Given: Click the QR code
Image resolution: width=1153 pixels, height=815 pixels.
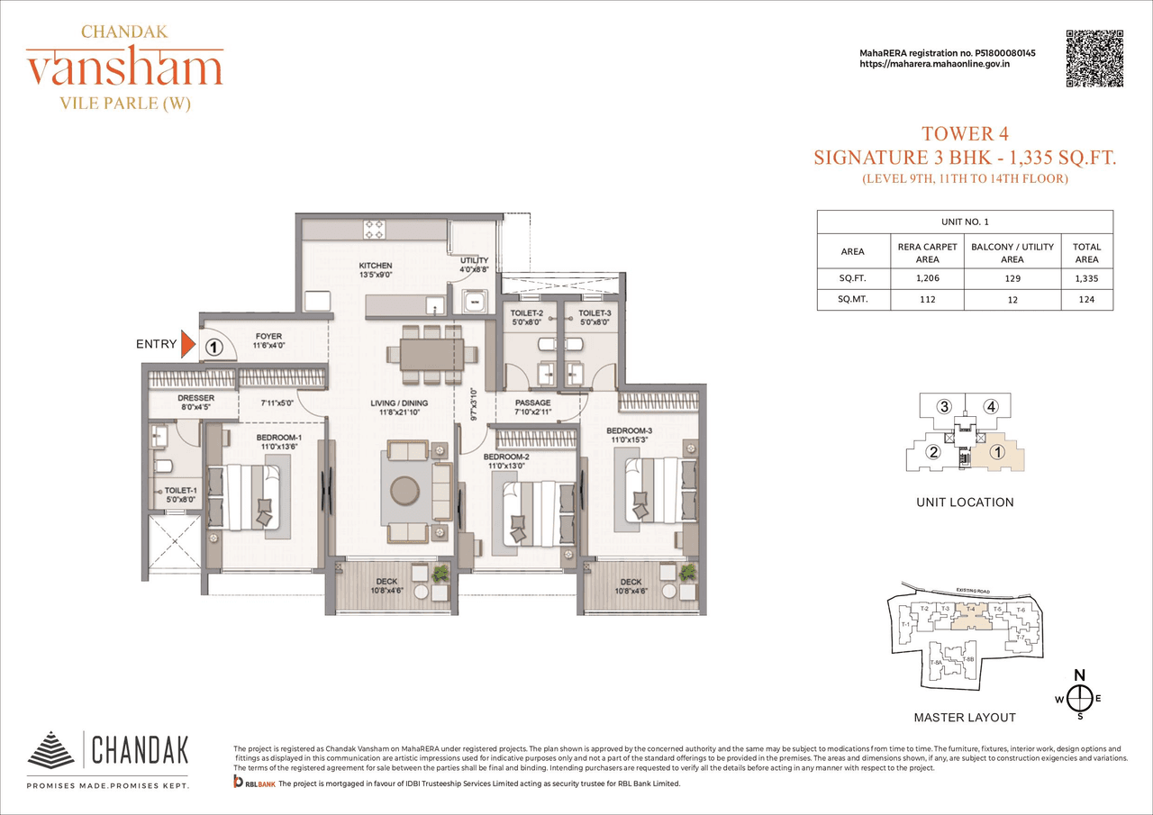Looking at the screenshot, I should coord(1094,59).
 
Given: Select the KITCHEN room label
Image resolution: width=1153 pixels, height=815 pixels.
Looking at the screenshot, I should coord(375,266).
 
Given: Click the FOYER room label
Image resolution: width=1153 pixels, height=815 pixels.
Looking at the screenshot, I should coord(268,337).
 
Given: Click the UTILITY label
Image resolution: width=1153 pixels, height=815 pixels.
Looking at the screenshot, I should coord(474,260).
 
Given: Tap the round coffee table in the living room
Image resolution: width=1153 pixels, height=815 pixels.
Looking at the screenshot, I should coord(404,489).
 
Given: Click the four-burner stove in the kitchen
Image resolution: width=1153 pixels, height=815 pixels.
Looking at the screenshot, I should coord(375,228).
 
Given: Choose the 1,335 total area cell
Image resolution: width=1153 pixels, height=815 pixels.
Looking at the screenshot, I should coord(1086,279).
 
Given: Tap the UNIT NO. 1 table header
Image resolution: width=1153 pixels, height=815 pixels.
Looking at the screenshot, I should coord(965,222).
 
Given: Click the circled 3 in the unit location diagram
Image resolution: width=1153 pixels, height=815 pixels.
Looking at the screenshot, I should coord(944,406).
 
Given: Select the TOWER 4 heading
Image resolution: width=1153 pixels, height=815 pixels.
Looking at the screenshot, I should coord(964,135).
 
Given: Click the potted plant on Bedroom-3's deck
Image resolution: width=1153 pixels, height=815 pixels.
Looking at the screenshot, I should coord(687,572).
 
